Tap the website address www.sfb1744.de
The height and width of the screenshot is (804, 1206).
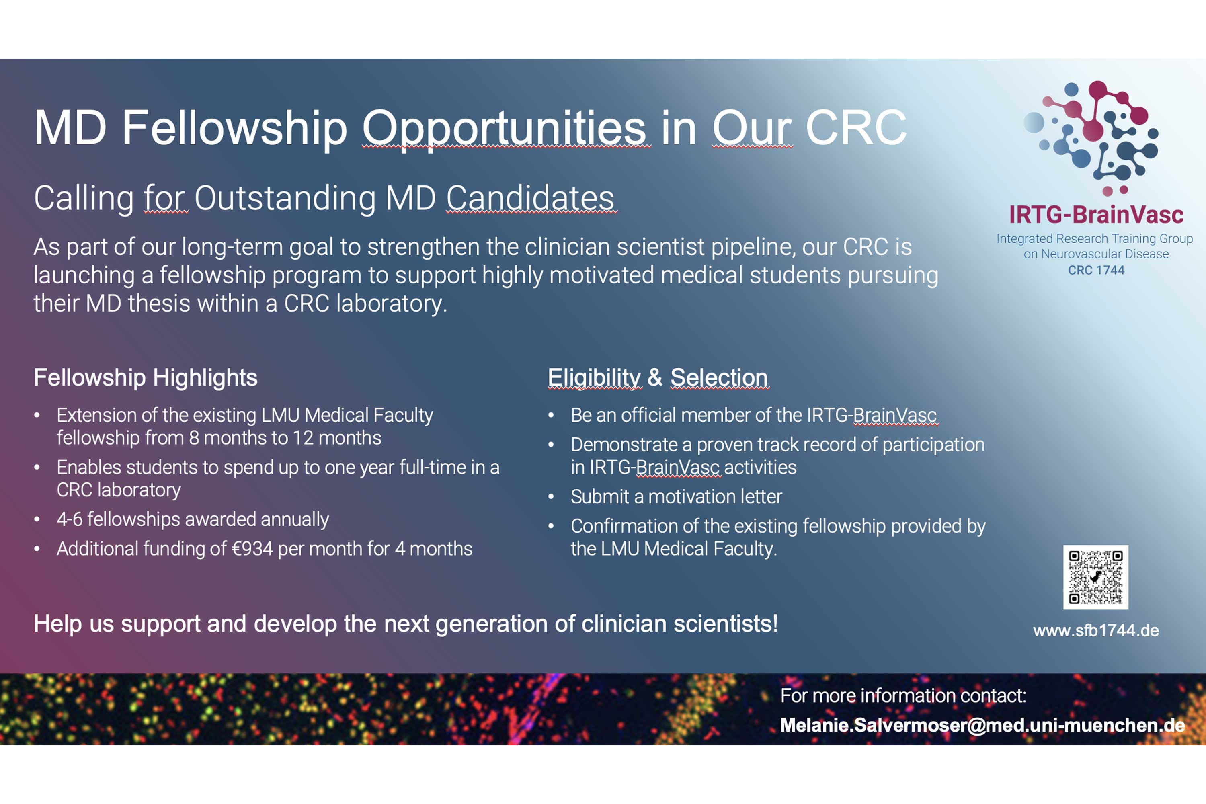click(x=1096, y=630)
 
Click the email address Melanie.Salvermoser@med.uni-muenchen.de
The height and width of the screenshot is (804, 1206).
click(x=982, y=725)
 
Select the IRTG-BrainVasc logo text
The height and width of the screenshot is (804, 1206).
click(x=1096, y=214)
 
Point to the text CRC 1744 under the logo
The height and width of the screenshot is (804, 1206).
click(x=1096, y=270)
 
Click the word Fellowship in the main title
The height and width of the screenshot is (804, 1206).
click(x=234, y=128)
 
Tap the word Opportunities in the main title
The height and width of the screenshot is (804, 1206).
click(x=505, y=128)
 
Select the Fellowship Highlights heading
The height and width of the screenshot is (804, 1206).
click(x=146, y=377)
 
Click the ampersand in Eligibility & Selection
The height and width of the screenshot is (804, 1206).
click(x=655, y=377)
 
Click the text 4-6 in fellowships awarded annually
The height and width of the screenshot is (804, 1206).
click(x=70, y=519)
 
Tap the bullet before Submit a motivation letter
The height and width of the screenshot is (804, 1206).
click(x=551, y=496)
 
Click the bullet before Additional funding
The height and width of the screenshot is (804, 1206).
click(x=37, y=549)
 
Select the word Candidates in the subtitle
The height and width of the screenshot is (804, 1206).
click(x=530, y=198)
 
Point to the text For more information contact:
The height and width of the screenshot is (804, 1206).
click(x=903, y=696)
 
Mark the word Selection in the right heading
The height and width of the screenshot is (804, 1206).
click(x=719, y=377)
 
